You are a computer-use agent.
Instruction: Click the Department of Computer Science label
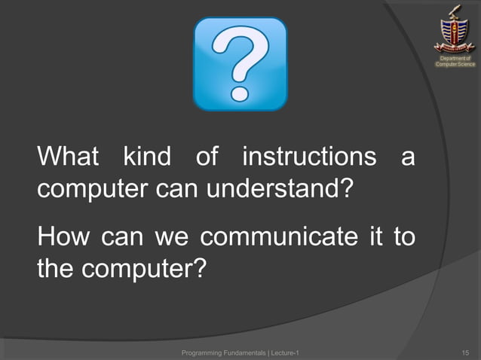pos(455,61)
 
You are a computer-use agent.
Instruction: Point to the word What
pos(68,157)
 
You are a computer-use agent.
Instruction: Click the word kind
pos(148,157)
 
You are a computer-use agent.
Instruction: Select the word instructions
pos(308,157)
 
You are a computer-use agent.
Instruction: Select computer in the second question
pos(139,267)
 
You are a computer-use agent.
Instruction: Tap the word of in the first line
pos(207,157)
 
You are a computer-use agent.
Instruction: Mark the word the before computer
pos(54,267)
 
